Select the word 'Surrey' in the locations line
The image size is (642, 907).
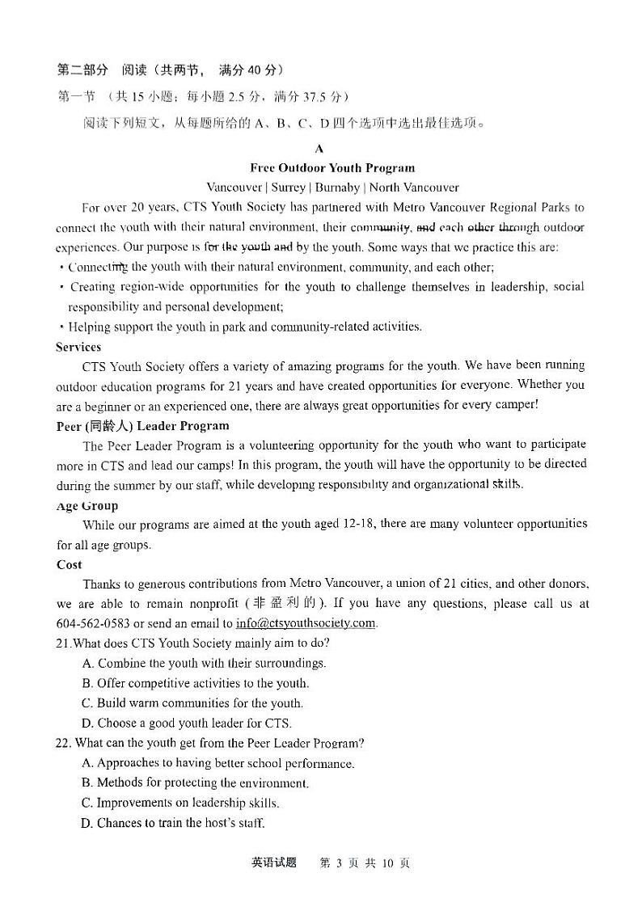289,188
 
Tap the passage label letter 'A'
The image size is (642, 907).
319,149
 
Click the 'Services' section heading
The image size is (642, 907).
78,347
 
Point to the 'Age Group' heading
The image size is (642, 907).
87,506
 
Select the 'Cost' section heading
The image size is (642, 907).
70,565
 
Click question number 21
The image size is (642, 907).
64,643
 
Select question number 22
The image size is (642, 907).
64,743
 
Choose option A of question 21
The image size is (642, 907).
204,664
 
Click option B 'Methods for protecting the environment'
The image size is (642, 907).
195,783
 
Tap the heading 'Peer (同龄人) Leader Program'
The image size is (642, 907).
142,426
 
